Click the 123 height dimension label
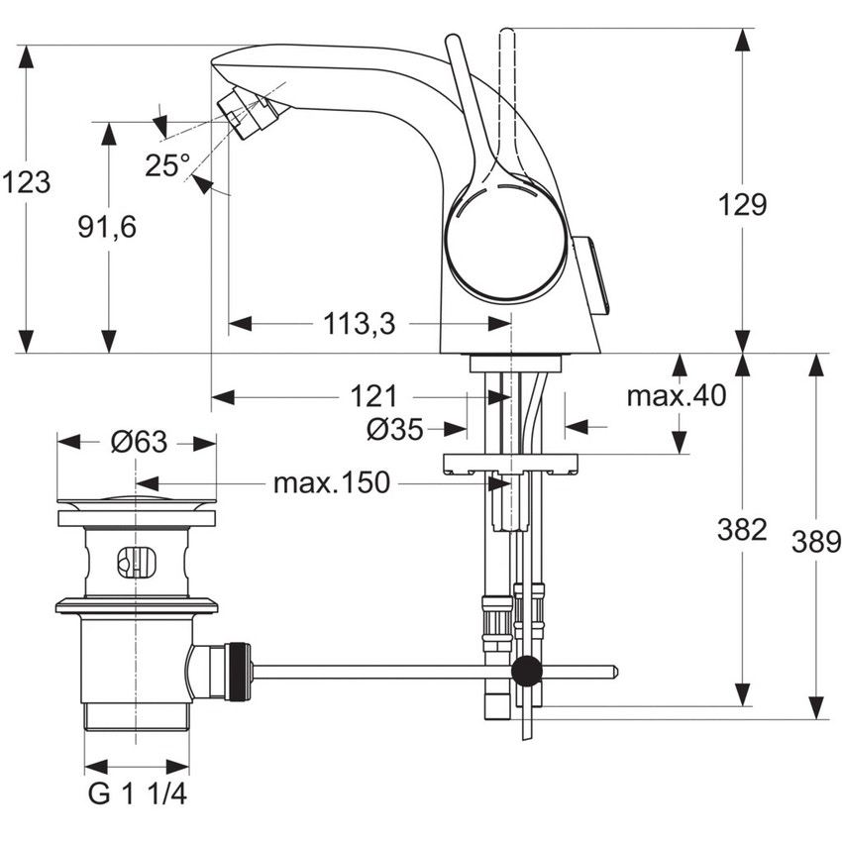coord(26,182)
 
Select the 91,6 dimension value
coord(107,227)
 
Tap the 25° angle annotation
coord(165,165)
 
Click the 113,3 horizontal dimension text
coord(358,323)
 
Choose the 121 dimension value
coord(372,397)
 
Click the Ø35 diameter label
coord(394,429)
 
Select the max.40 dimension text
coord(677,396)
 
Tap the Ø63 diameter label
coord(138,442)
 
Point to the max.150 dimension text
coord(332,483)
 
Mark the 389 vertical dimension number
coord(816,542)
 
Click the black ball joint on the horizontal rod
coord(527,671)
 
